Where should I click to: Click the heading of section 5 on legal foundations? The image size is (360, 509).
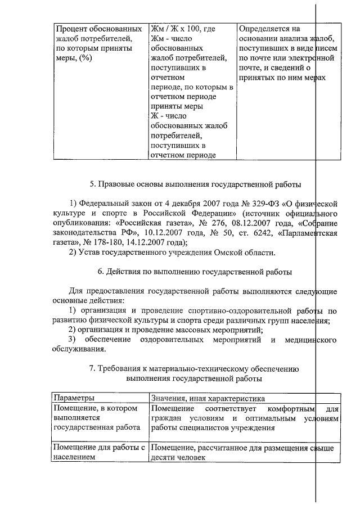click(x=195, y=184)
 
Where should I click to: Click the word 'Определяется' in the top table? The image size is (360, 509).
click(x=263, y=28)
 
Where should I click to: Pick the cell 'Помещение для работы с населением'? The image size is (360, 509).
click(x=98, y=453)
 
